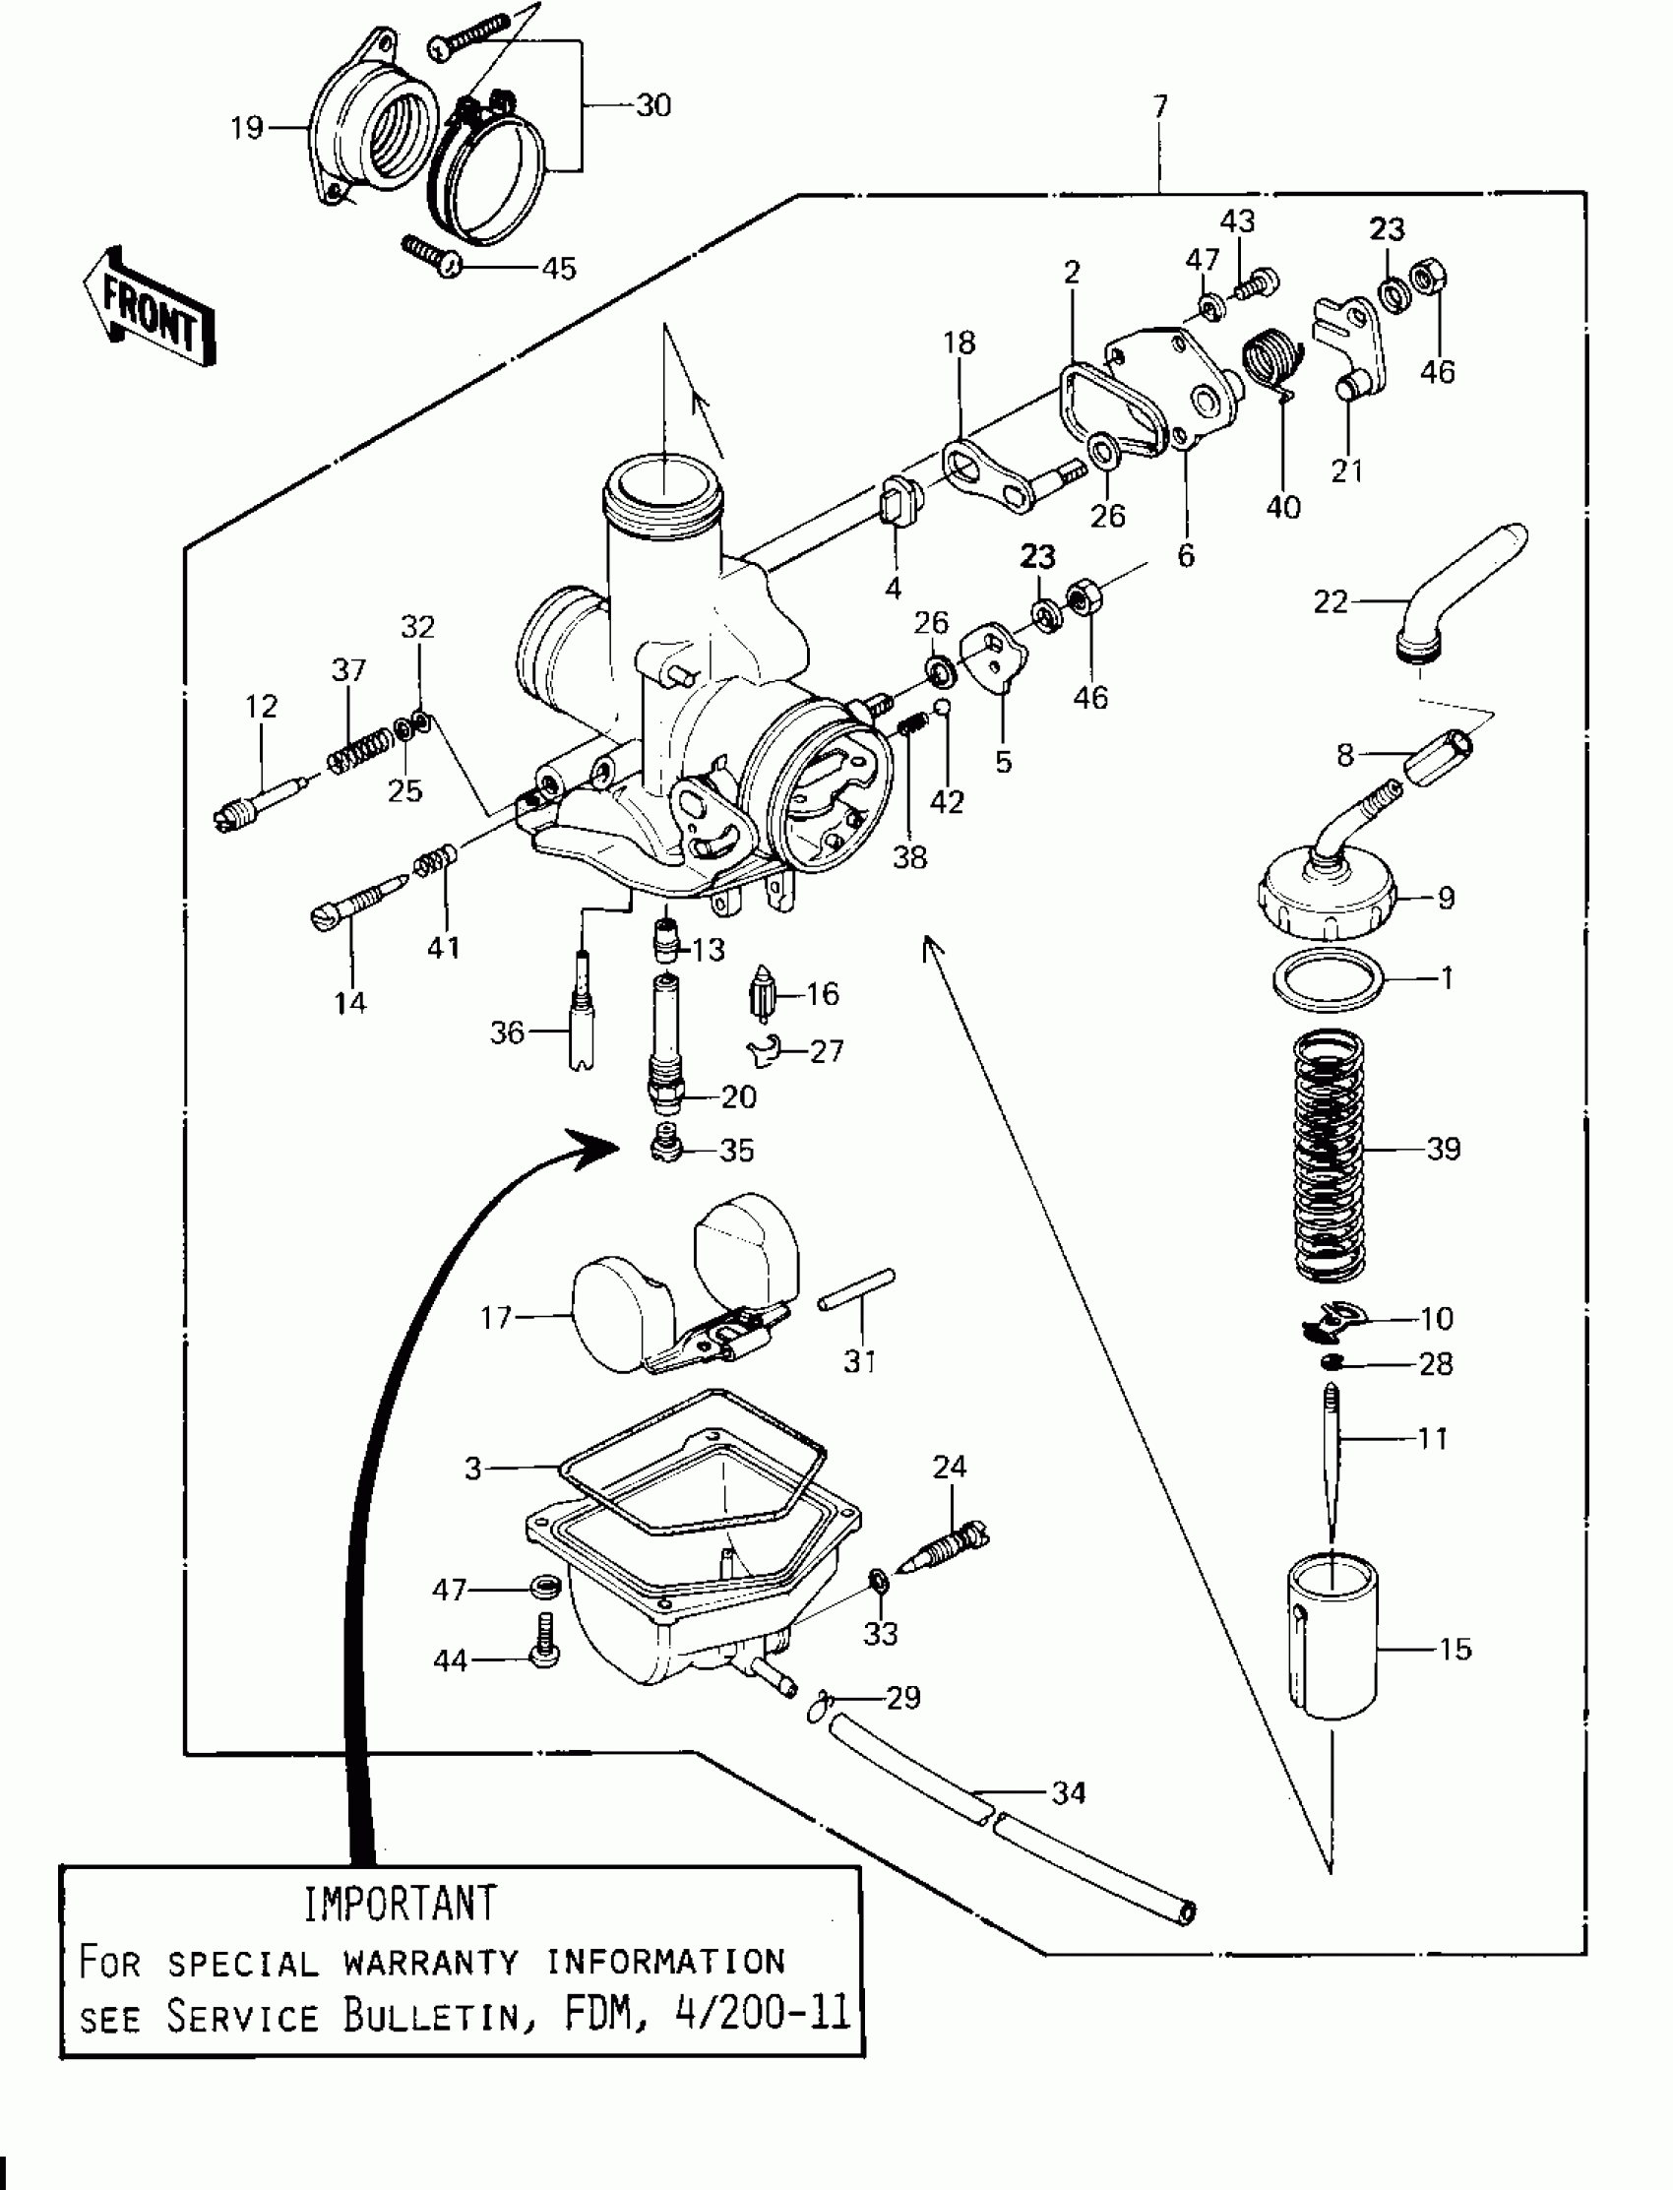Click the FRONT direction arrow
pyautogui.click(x=150, y=308)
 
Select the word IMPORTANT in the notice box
pyautogui.click(x=400, y=1905)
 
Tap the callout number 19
pyautogui.click(x=246, y=128)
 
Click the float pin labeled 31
pyautogui.click(x=856, y=1288)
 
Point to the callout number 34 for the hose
pyautogui.click(x=1069, y=1792)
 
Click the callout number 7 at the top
pyautogui.click(x=1160, y=105)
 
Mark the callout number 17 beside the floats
pyautogui.click(x=495, y=1318)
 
